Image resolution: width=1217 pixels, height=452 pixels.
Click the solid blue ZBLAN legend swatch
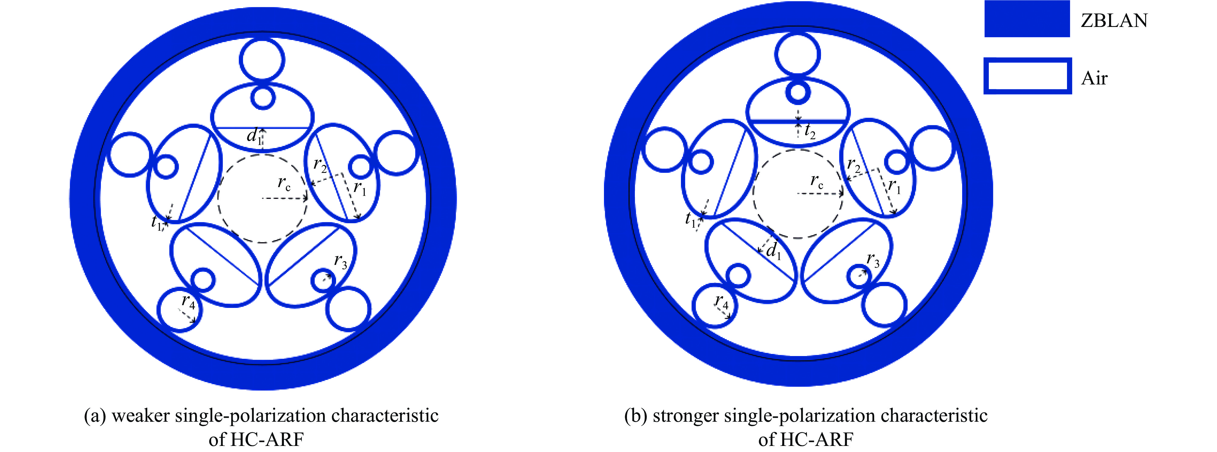click(1027, 19)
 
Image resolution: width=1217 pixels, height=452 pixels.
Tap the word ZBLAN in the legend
click(1114, 20)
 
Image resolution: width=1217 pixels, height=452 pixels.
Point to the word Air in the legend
click(1094, 78)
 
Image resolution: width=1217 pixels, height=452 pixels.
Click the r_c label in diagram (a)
click(284, 183)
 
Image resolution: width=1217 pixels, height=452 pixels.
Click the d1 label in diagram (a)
click(254, 136)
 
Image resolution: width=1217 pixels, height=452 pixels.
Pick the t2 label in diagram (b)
click(810, 131)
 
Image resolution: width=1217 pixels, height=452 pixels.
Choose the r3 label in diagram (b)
click(872, 260)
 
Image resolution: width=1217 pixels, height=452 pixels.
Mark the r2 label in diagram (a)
click(320, 165)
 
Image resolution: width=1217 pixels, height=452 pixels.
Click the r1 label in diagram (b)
click(894, 186)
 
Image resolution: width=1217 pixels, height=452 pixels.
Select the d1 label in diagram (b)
click(773, 251)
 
